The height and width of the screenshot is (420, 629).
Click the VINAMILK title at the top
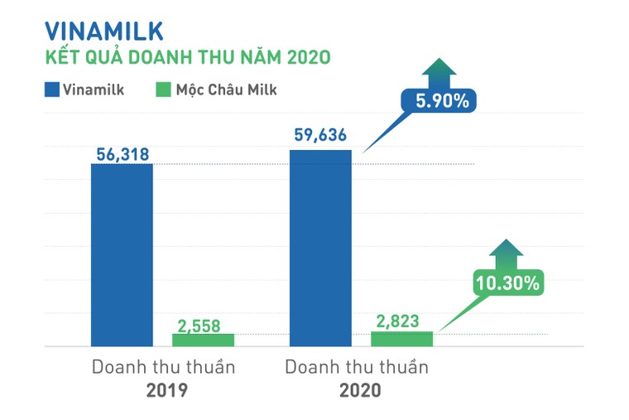[x=103, y=31]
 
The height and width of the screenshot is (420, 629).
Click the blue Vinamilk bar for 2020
[x=320, y=248]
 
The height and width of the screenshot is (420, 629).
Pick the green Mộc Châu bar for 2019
[x=203, y=340]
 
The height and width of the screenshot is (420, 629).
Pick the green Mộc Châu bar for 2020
[x=401, y=339]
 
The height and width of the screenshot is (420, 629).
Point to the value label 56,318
[x=122, y=152]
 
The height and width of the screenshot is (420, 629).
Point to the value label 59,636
[x=319, y=136]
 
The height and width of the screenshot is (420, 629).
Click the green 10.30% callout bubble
[x=507, y=282]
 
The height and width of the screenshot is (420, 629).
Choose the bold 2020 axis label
[x=359, y=389]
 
